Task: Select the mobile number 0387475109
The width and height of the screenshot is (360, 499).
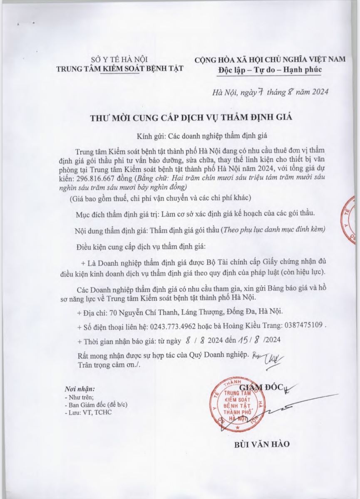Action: [x=294, y=326]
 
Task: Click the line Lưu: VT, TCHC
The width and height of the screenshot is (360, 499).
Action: [x=88, y=412]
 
